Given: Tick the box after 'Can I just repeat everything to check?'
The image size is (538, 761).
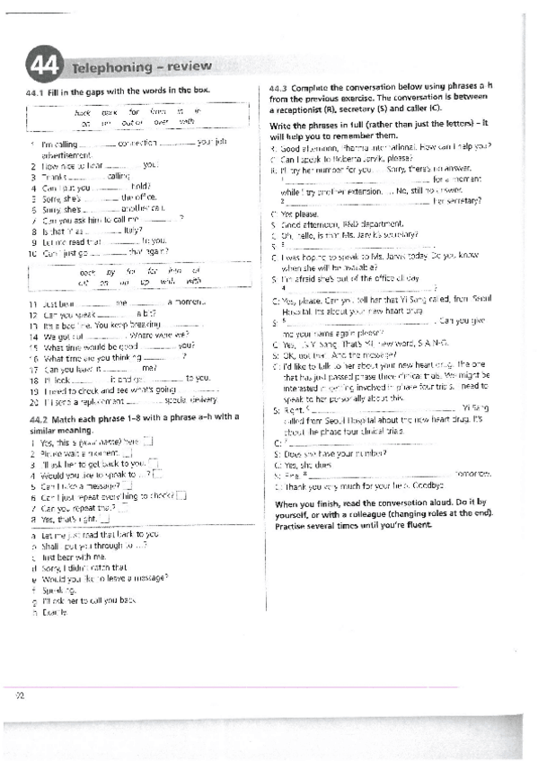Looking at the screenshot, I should click(181, 496).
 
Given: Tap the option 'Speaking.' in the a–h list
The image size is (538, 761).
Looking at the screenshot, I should click(57, 589).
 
